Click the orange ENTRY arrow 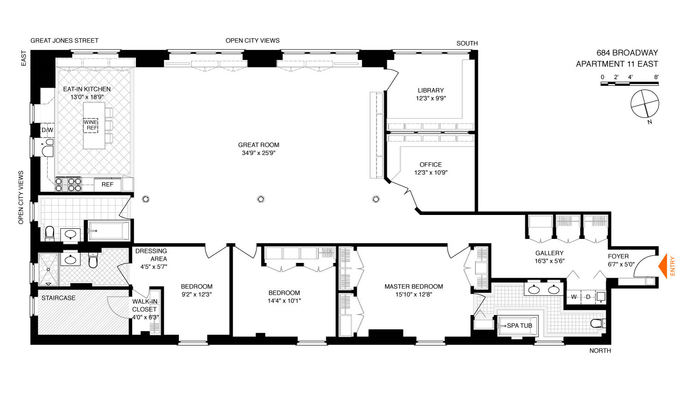tap(663, 266)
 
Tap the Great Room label tap(259, 145)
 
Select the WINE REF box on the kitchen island tap(91, 125)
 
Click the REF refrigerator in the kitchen tap(107, 185)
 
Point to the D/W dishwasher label tap(47, 130)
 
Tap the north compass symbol tap(645, 104)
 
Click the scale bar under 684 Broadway tap(630, 83)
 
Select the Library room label tap(431, 90)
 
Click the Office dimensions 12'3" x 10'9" tap(431, 173)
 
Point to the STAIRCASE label tap(59, 298)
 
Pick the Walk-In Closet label tap(145, 305)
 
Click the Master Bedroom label tap(413, 286)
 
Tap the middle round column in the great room tap(261, 199)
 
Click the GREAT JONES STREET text tap(64, 41)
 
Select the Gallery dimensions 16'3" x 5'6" tap(549, 261)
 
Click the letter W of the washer tap(574, 297)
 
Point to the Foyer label tap(618, 256)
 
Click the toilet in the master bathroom tap(598, 323)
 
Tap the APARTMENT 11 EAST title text tap(617, 64)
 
